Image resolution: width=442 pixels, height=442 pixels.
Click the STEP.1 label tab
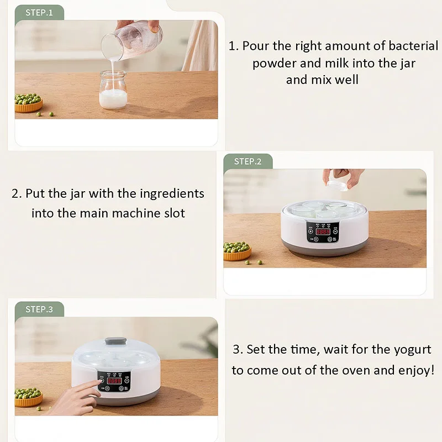pyautogui.click(x=39, y=12)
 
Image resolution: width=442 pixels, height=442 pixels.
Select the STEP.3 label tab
pyautogui.click(x=39, y=309)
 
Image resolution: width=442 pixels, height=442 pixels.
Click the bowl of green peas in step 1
pyautogui.click(x=28, y=103)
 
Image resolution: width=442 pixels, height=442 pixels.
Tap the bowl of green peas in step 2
pyautogui.click(x=237, y=251)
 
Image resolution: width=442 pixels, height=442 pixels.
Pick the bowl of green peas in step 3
pyautogui.click(x=28, y=396)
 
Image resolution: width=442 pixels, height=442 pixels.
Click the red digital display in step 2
pyautogui.click(x=323, y=232)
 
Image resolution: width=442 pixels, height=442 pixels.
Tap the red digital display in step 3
pyautogui.click(x=114, y=381)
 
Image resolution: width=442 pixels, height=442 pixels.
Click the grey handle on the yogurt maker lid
pyautogui.click(x=115, y=341)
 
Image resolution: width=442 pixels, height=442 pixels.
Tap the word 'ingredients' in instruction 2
pyautogui.click(x=172, y=194)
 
